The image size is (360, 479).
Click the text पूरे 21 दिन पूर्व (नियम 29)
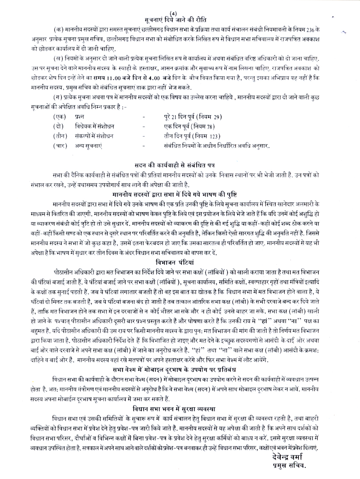[197, 116]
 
